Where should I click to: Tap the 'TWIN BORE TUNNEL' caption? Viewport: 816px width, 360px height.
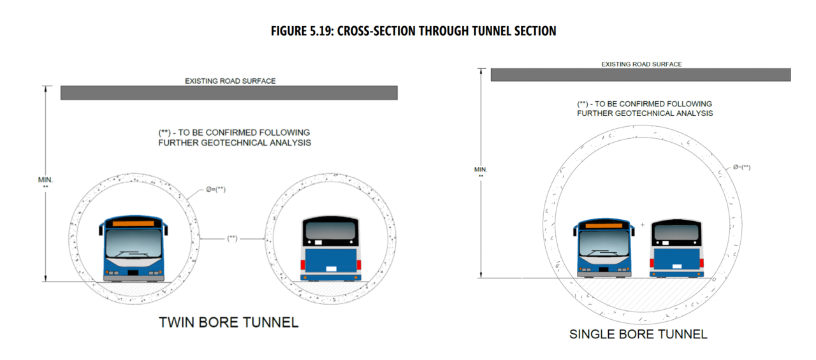[x=228, y=322]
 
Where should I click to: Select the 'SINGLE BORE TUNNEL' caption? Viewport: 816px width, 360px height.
[x=638, y=334]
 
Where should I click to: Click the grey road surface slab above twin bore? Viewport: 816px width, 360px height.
[x=229, y=93]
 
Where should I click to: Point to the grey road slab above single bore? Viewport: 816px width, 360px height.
[x=640, y=75]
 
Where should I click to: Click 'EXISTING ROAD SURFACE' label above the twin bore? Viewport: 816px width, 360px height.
[x=230, y=81]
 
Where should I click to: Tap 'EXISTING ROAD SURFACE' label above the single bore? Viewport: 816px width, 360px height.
[x=641, y=64]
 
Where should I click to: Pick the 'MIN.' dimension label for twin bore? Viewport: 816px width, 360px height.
[x=45, y=180]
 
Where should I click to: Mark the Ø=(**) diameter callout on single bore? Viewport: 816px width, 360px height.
[x=741, y=168]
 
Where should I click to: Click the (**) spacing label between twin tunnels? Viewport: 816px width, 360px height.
[x=232, y=238]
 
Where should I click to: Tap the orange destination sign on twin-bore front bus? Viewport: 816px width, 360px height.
[x=133, y=224]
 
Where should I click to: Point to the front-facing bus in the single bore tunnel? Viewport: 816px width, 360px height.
[x=606, y=249]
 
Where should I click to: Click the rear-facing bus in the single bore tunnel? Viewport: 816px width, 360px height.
[x=676, y=249]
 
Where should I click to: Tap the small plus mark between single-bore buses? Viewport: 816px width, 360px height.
[x=643, y=224]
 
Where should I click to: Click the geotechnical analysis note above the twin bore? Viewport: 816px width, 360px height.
[x=234, y=138]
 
